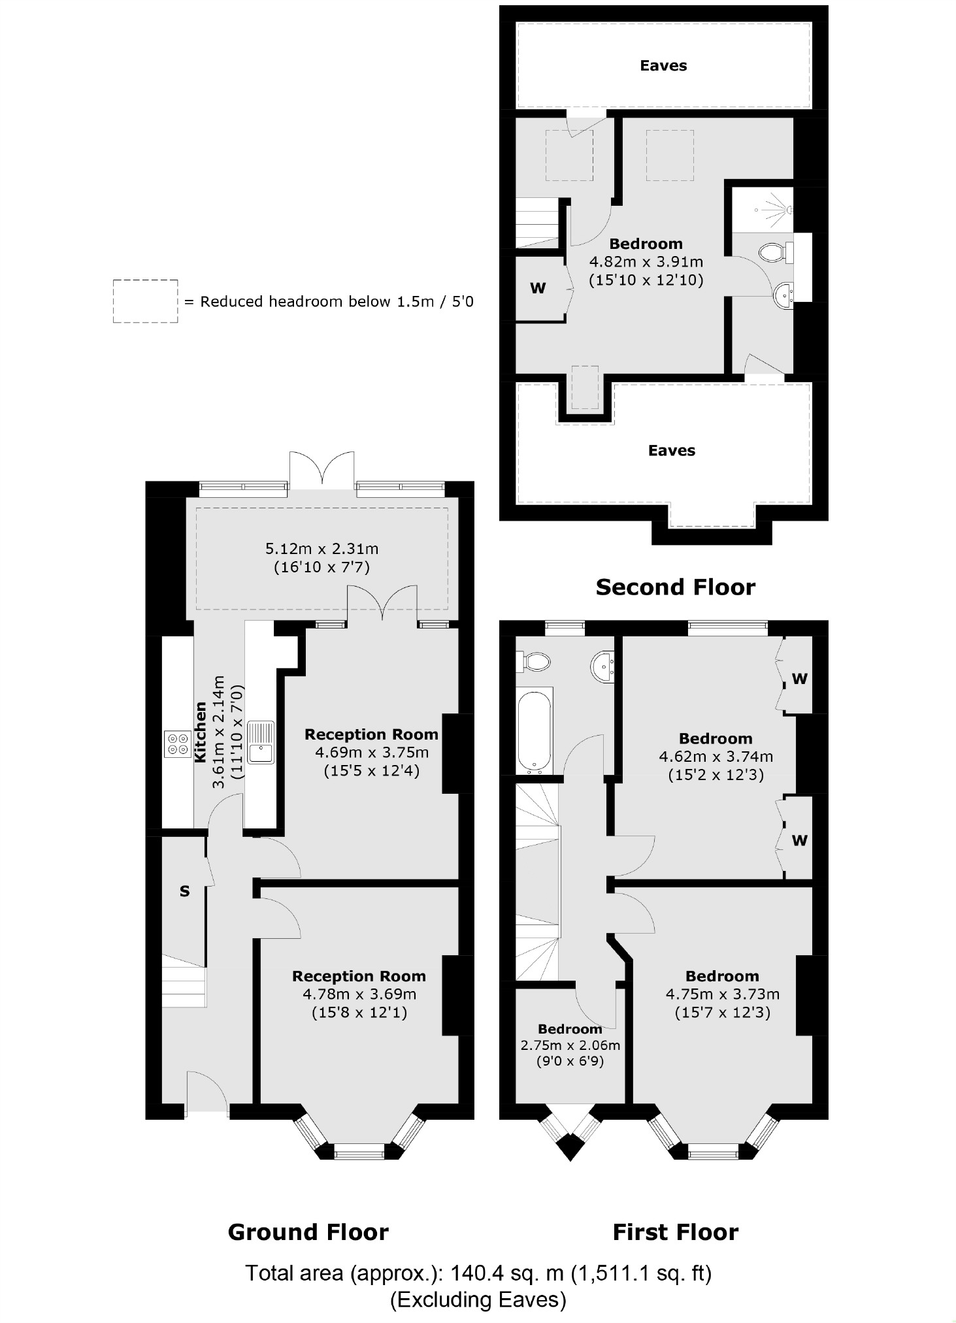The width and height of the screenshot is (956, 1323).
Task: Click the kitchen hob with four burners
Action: click(177, 743)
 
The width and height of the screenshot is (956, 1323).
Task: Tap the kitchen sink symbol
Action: click(261, 743)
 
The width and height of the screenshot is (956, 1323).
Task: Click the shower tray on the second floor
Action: click(762, 210)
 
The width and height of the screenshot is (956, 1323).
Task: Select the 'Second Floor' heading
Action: click(675, 587)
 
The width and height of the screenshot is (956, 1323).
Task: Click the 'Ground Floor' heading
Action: click(308, 1232)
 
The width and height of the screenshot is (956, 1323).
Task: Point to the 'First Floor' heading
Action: click(675, 1232)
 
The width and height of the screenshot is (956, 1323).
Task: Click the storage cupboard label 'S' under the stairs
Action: click(184, 891)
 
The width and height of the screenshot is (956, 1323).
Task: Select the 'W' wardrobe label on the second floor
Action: click(538, 288)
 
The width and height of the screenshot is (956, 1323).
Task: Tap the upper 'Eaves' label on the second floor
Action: click(663, 65)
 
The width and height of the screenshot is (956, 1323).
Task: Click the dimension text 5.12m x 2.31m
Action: click(321, 549)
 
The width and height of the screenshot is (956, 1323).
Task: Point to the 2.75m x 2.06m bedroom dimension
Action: click(570, 1045)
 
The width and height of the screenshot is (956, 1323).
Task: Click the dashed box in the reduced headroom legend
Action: click(145, 301)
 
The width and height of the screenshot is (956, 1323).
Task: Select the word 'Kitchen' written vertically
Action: click(201, 732)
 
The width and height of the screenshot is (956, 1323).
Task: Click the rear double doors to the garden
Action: click(322, 469)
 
